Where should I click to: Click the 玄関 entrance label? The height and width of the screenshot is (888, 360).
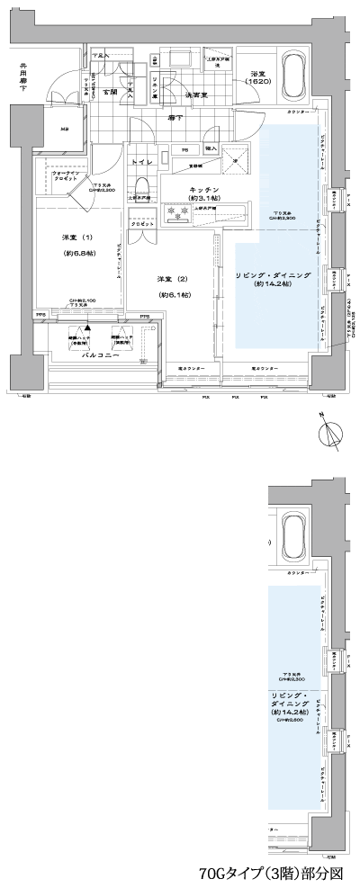pos(112,93)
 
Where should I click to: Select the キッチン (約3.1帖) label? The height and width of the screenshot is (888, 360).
pos(201,194)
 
